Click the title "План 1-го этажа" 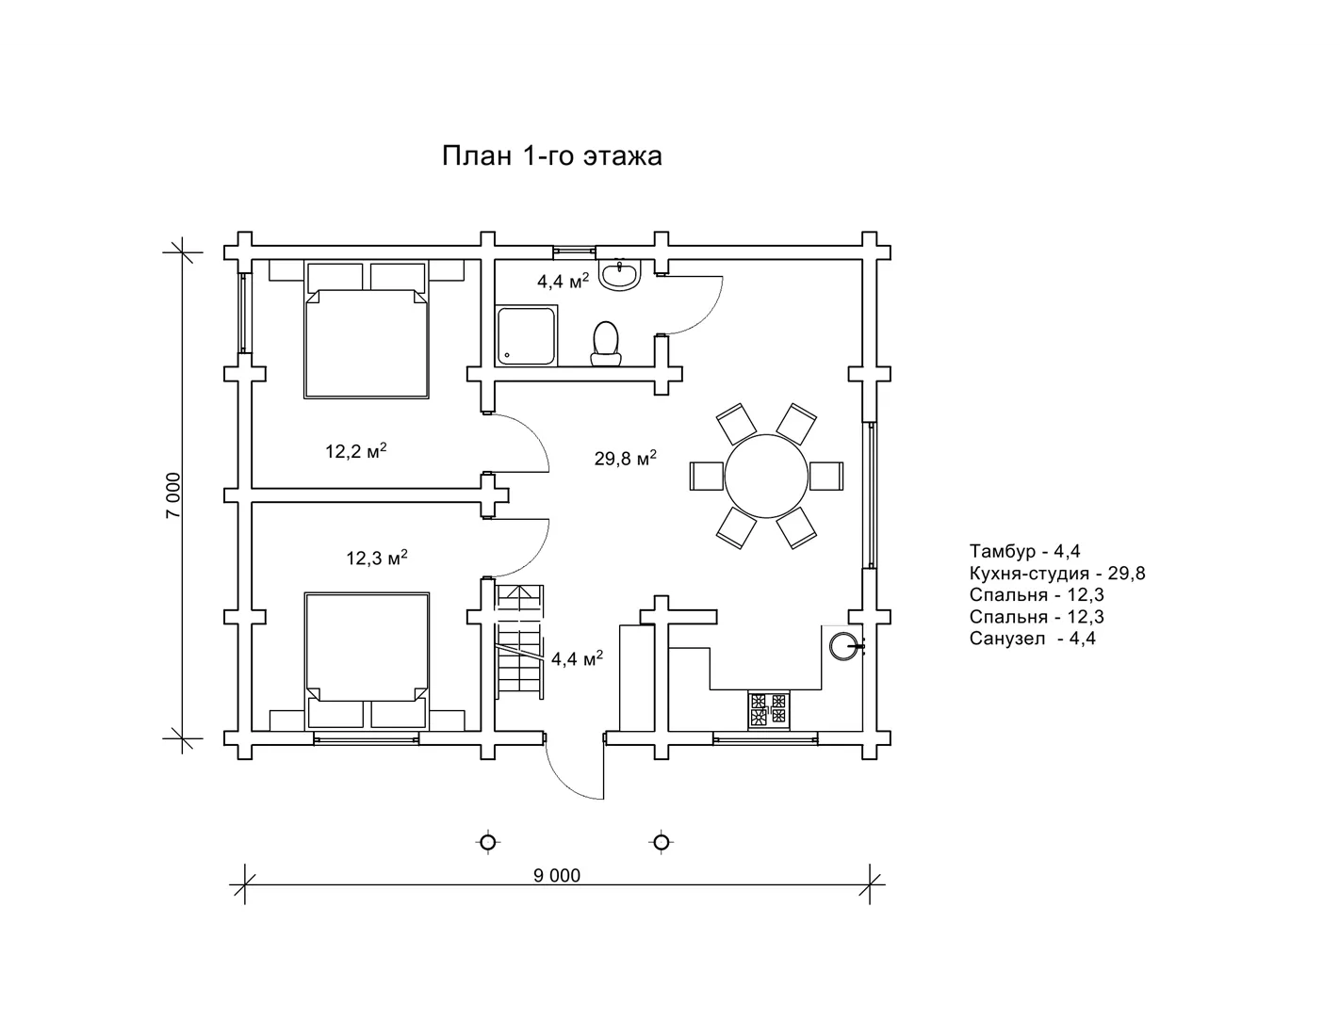(x=551, y=156)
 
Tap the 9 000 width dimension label (x=557, y=876)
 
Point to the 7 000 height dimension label (x=173, y=494)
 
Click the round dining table (x=766, y=476)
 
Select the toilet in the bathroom (x=606, y=343)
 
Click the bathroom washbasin (x=620, y=275)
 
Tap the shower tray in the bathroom (x=527, y=335)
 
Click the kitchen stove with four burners (x=768, y=710)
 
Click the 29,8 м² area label (x=626, y=458)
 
